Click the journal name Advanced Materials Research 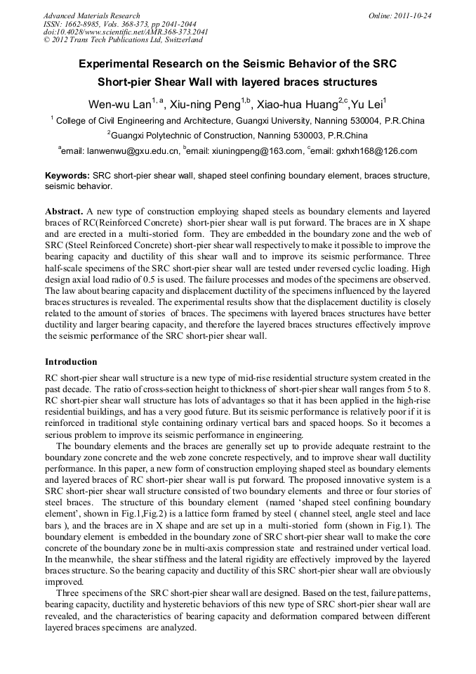pos(91,15)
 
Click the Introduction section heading pos(71,362)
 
